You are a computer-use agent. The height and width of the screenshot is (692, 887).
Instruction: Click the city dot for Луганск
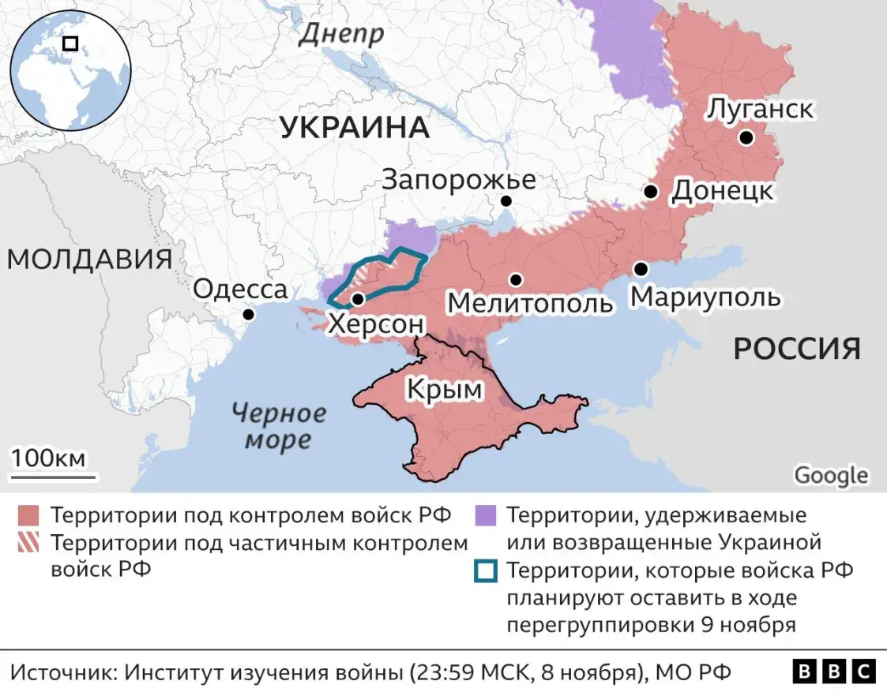coord(745,138)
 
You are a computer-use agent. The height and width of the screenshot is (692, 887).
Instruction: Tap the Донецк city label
coord(722,192)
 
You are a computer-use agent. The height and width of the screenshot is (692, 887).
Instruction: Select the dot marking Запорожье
coord(506,201)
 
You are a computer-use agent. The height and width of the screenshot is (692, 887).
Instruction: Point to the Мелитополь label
coord(529,302)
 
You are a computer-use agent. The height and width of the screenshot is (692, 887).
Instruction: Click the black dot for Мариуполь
coord(641,269)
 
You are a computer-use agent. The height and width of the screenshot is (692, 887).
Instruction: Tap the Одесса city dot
coord(249,314)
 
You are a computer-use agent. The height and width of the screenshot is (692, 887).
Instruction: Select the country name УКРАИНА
coord(355,128)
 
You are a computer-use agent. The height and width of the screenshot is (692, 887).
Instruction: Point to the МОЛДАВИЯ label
coord(90,260)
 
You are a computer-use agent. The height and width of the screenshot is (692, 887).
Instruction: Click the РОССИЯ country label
coord(797,348)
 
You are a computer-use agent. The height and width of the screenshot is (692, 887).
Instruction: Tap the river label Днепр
coord(342,33)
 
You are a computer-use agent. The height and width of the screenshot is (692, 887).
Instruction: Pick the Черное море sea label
coord(279,426)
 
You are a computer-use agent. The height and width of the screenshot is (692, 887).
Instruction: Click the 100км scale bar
coord(53,476)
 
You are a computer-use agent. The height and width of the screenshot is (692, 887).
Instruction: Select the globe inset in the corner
coord(70,70)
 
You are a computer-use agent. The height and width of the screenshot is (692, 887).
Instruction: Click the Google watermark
coord(830,476)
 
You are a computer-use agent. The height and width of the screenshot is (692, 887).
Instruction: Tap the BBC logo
coord(834,671)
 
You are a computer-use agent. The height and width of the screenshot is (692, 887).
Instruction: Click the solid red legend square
coord(28,516)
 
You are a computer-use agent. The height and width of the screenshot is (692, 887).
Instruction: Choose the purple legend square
coord(485,516)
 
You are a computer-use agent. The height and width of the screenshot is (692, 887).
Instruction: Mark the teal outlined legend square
coord(485,570)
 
